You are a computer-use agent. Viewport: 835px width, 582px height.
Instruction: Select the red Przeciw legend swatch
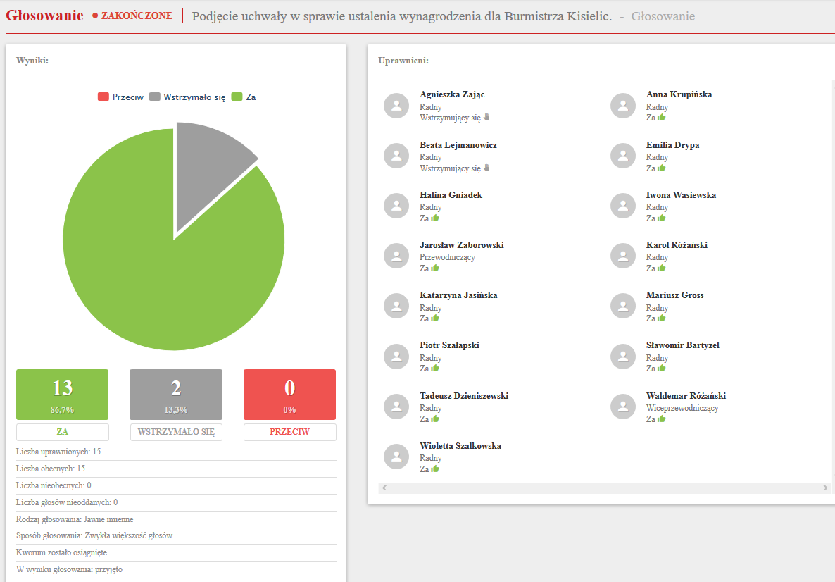coord(103,97)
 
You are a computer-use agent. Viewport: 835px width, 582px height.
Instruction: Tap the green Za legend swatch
coord(237,97)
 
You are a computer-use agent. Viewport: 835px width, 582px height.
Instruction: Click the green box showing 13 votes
coord(63,394)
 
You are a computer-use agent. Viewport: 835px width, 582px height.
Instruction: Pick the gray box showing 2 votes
coord(176,394)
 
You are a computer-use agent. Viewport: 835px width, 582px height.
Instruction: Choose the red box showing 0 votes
coord(289,394)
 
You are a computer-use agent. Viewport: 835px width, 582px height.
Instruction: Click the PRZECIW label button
coord(289,432)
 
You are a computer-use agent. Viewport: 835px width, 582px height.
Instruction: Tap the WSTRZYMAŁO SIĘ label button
coord(176,432)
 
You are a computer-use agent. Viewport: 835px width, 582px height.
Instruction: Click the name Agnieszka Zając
coord(452,94)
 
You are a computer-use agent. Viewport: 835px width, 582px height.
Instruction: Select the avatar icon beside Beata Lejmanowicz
coord(396,156)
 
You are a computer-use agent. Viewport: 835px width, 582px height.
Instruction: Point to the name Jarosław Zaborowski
coord(462,245)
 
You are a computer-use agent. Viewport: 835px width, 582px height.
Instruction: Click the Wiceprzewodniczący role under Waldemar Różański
coord(682,408)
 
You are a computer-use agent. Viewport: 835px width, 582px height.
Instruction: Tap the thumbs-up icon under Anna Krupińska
coord(662,118)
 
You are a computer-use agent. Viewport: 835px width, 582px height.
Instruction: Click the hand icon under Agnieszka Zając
coord(486,118)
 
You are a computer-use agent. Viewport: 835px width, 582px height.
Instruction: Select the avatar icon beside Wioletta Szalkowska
coord(396,457)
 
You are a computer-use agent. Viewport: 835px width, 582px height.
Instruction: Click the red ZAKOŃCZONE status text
coord(137,16)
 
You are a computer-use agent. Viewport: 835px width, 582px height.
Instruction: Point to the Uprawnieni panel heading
coord(403,61)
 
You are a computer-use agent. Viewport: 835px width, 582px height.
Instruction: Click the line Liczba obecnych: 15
coord(51,469)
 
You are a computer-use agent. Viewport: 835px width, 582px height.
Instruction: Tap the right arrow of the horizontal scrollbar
coord(826,488)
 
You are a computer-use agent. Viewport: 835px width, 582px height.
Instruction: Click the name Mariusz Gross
coord(674,295)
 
